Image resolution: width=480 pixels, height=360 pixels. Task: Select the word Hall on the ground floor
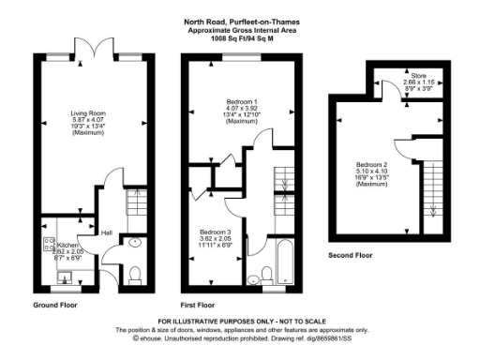coord(107,234)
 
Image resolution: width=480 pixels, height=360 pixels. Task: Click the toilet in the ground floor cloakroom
coord(134,273)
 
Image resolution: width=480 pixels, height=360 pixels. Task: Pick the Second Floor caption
coord(353,255)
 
